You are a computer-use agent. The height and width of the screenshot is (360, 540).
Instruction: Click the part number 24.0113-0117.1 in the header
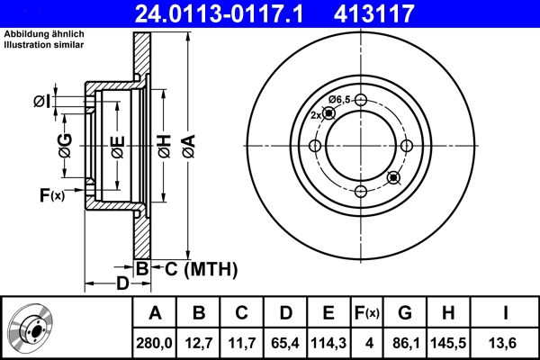coord(227,13)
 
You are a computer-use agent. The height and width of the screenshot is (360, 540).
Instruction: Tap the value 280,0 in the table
coord(154,342)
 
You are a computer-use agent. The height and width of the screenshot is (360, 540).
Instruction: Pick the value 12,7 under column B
coord(199,342)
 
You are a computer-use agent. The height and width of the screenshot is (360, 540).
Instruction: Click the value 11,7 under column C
coord(241,342)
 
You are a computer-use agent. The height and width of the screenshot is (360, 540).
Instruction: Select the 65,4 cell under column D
coord(284,342)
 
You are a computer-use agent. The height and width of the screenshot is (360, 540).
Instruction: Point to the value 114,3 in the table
coord(328,342)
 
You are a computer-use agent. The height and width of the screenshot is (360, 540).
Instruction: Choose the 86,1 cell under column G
coord(406,342)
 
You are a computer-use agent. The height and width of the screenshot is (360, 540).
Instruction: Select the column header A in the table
coord(154,313)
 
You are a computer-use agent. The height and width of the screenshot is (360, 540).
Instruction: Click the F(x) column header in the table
coord(366,313)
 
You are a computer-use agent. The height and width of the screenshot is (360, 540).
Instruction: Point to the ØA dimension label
coord(187,144)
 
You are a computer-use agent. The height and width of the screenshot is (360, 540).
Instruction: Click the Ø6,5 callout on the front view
coord(339,99)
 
